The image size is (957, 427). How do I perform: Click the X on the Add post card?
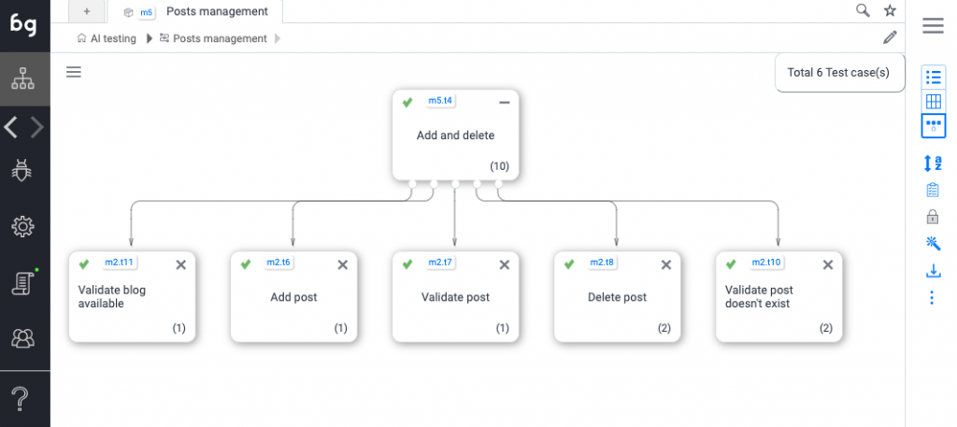pos(342,264)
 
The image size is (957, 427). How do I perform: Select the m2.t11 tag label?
pos(119,263)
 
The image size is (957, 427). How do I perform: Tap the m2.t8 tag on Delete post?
pos(603,263)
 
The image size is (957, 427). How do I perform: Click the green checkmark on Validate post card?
pos(407,264)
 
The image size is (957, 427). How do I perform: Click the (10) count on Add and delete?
pos(499,165)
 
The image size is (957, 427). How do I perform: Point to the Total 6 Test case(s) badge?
pos(839,72)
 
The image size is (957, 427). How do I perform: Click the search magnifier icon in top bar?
pos(863,11)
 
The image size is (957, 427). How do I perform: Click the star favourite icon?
pos(890,11)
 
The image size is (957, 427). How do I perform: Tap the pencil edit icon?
pos(890,37)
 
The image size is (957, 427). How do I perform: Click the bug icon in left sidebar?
pos(23,169)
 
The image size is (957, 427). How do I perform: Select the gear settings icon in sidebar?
pos(23,226)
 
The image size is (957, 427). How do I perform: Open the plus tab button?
pos(87,11)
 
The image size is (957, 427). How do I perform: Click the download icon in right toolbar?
pos(932,271)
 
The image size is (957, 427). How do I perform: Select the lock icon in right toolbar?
pos(932,217)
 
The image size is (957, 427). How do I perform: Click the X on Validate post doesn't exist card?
pos(827,264)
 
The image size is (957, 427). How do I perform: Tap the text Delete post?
pos(617,297)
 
